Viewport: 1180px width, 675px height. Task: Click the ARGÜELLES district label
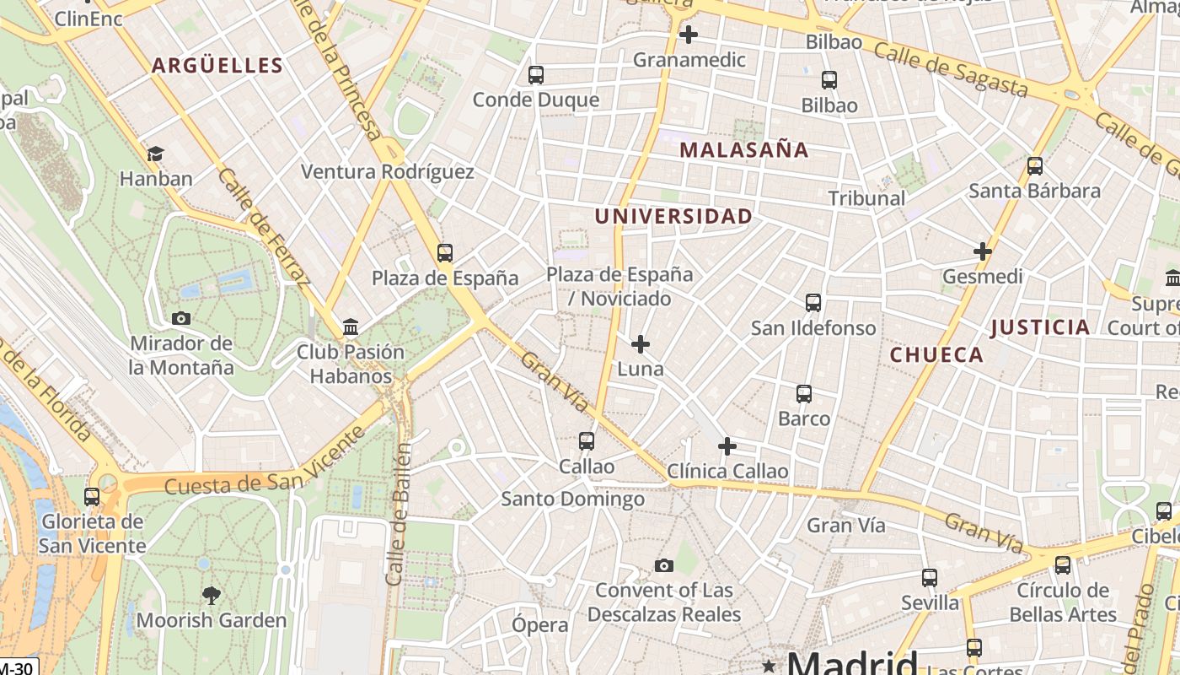pyautogui.click(x=217, y=66)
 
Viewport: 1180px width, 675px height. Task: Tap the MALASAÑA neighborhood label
pyautogui.click(x=743, y=150)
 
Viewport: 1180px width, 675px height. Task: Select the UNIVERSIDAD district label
pyautogui.click(x=673, y=216)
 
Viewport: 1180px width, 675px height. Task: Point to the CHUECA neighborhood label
pyautogui.click(x=936, y=354)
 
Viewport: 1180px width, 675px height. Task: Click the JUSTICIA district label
pyautogui.click(x=1040, y=327)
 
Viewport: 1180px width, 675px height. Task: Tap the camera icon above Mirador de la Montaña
pyautogui.click(x=180, y=318)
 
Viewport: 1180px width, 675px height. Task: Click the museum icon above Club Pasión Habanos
pyautogui.click(x=351, y=327)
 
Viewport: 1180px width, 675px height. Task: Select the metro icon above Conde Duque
pyautogui.click(x=536, y=75)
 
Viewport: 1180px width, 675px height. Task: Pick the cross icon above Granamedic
pyautogui.click(x=689, y=35)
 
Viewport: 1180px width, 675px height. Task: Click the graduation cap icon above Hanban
pyautogui.click(x=155, y=154)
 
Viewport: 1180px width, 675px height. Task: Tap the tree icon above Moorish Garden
pyautogui.click(x=212, y=596)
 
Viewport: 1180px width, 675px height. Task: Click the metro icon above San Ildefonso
pyautogui.click(x=813, y=303)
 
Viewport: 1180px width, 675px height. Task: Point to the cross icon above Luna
pyautogui.click(x=641, y=344)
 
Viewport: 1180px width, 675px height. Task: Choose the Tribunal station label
pyautogui.click(x=866, y=198)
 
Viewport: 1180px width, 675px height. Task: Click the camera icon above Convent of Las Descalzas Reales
pyautogui.click(x=664, y=565)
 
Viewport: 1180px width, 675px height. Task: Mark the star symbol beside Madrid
pyautogui.click(x=768, y=666)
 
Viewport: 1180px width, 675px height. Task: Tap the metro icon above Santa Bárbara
pyautogui.click(x=1035, y=166)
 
